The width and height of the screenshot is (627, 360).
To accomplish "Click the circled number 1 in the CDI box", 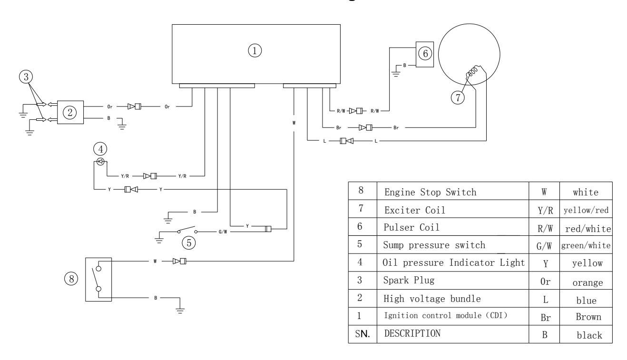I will point(256,50).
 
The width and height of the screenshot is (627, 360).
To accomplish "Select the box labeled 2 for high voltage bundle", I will point(70,112).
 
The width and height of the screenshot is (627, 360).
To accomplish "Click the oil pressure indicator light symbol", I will point(100,162).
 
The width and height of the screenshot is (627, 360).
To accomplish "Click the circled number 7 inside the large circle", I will point(457,98).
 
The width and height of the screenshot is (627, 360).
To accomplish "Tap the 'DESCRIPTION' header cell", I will point(411,333).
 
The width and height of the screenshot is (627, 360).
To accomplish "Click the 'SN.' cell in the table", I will point(362,333).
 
